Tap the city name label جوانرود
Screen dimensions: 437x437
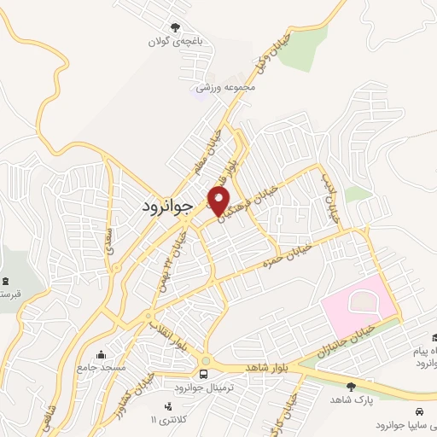[167, 207]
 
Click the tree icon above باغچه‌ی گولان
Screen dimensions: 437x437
[176, 28]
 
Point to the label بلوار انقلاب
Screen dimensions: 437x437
[168, 334]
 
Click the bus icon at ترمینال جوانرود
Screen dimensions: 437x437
[203, 373]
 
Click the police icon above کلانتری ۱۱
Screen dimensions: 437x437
[167, 406]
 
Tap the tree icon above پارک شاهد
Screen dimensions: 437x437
[351, 387]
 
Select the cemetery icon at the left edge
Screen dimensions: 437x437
[6, 282]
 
